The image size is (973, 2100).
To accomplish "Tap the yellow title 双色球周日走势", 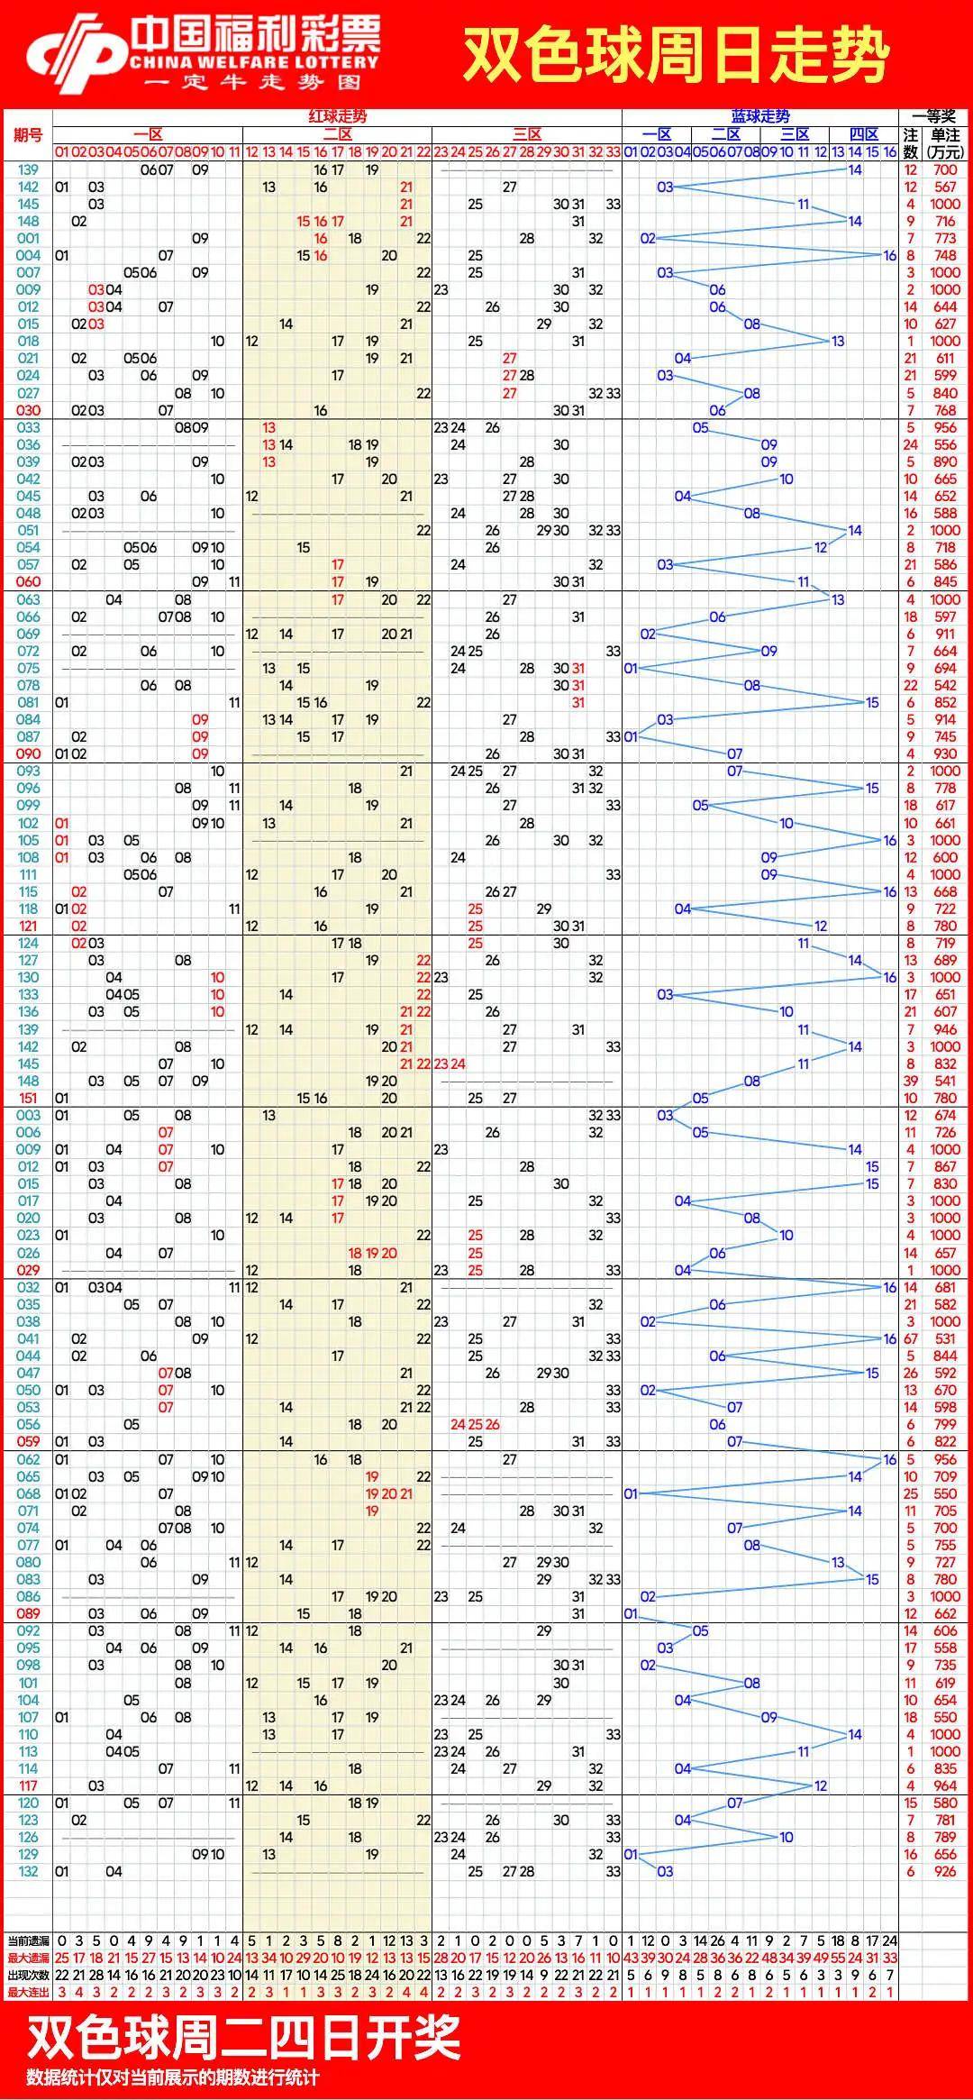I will pyautogui.click(x=676, y=54).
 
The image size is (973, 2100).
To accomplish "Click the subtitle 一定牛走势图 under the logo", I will pyautogui.click(x=253, y=83).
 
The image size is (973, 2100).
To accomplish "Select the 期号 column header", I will pyautogui.click(x=28, y=135).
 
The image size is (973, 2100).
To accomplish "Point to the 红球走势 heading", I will pyautogui.click(x=338, y=116).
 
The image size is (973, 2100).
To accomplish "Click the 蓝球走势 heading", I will pyautogui.click(x=760, y=116).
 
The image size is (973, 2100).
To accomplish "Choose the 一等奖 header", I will pyautogui.click(x=934, y=116).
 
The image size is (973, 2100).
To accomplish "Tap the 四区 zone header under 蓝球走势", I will pyautogui.click(x=864, y=134).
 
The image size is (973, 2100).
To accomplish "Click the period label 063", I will pyautogui.click(x=28, y=599).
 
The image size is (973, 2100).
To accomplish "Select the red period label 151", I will pyautogui.click(x=28, y=1098).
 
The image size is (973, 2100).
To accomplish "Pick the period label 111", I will pyautogui.click(x=28, y=874).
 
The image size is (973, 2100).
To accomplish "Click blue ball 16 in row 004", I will pyautogui.click(x=890, y=256).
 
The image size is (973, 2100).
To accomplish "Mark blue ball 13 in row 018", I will pyautogui.click(x=838, y=342).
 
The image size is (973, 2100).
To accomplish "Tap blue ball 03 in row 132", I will pyautogui.click(x=665, y=1872).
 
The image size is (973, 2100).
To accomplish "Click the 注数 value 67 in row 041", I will pyautogui.click(x=911, y=1338).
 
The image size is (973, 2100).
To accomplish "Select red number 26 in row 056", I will pyautogui.click(x=492, y=1424).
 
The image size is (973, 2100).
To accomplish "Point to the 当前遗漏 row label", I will pyautogui.click(x=28, y=1940).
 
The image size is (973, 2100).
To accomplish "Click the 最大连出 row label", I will pyautogui.click(x=28, y=1992).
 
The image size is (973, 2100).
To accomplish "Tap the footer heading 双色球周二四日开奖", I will pyautogui.click(x=243, y=2038).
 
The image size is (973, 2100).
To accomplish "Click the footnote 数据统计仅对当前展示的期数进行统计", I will pyautogui.click(x=172, y=2077).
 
